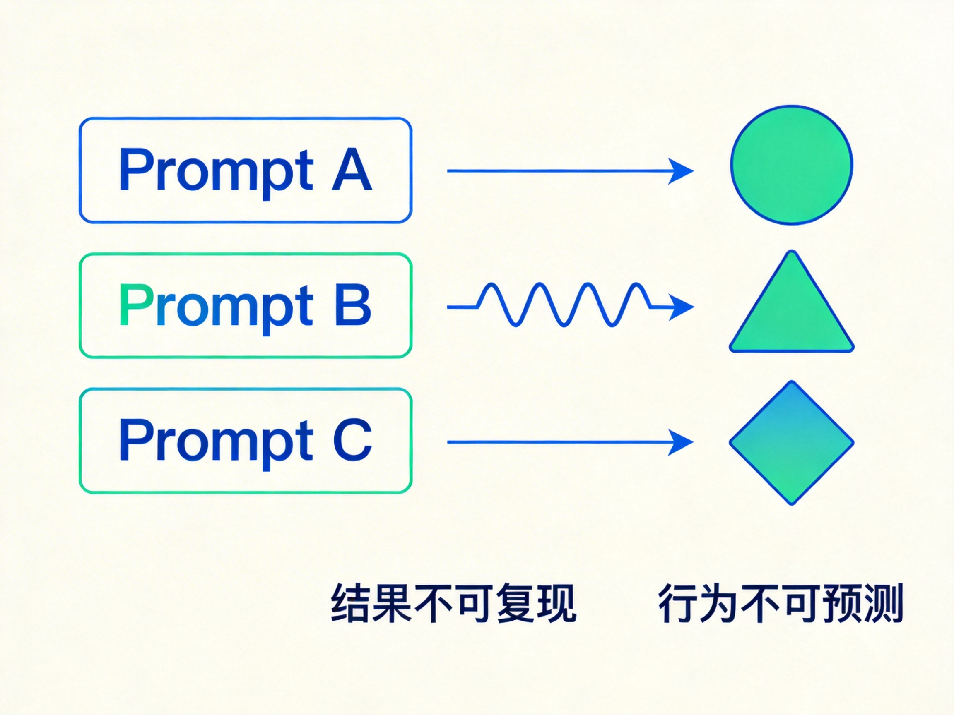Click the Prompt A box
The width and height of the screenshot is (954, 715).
click(x=246, y=170)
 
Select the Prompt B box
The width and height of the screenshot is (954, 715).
click(x=246, y=305)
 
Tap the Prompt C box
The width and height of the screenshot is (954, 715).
click(x=246, y=441)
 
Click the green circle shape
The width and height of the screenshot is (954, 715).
click(x=791, y=165)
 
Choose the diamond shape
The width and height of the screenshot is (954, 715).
click(x=791, y=443)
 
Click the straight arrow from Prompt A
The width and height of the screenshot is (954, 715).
click(x=570, y=171)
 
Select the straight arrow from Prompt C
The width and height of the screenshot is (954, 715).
click(x=570, y=442)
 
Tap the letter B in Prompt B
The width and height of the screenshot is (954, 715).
click(x=353, y=304)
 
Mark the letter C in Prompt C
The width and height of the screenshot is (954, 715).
click(x=353, y=439)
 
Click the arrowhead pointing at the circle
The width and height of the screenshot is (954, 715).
click(x=682, y=171)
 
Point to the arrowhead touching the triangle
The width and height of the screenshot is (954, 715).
click(x=682, y=307)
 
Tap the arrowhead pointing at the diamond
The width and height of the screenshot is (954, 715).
click(x=682, y=442)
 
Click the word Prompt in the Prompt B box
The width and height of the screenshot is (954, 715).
click(x=216, y=308)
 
